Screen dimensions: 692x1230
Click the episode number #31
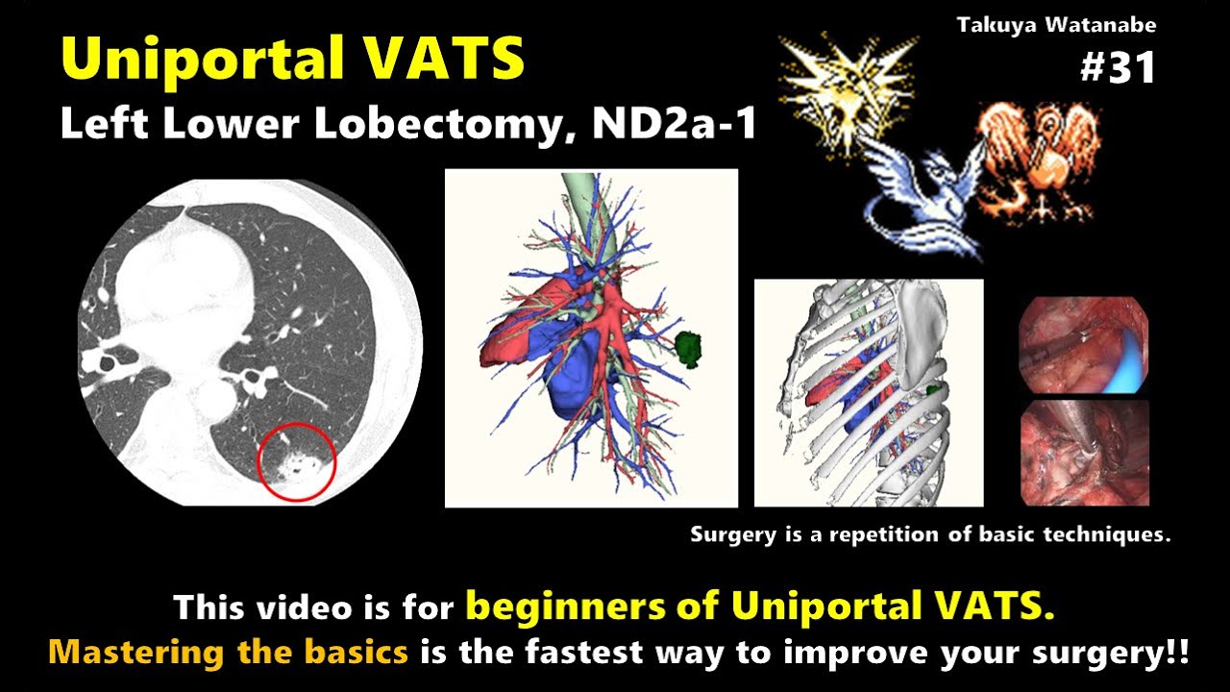(x=1118, y=67)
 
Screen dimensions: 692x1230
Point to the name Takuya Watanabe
(x=1056, y=26)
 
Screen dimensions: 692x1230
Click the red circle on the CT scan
(x=297, y=461)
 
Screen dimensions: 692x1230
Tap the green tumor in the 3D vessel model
(x=689, y=349)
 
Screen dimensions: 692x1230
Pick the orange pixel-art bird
(x=1038, y=154)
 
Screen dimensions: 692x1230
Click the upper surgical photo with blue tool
(x=1083, y=345)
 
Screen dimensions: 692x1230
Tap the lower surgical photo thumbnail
(x=1083, y=452)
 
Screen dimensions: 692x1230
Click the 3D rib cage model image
(x=868, y=392)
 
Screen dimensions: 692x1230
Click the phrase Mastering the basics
(x=229, y=653)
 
